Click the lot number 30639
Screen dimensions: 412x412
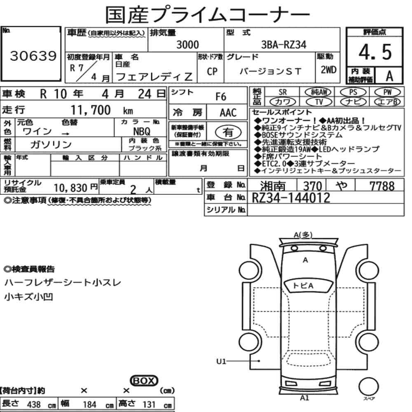click(x=33, y=56)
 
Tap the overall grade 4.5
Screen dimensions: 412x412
click(x=375, y=52)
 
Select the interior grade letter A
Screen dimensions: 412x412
click(x=389, y=76)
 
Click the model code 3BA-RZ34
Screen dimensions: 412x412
click(x=283, y=44)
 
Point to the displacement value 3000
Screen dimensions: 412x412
click(x=187, y=44)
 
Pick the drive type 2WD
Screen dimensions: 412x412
click(x=328, y=70)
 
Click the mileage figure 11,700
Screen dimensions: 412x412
click(x=91, y=110)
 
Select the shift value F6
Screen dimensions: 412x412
click(x=221, y=97)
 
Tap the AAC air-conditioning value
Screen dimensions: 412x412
click(x=228, y=113)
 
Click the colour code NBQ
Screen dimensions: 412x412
click(x=142, y=131)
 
